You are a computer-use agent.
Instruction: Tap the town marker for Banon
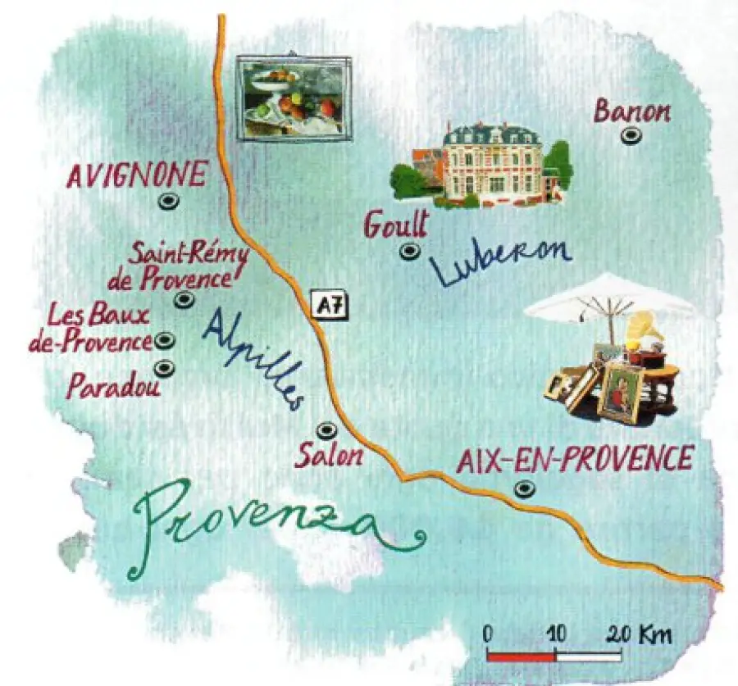[630, 136]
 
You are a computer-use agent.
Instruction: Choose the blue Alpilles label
[254, 357]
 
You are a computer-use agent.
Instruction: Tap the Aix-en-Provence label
[574, 459]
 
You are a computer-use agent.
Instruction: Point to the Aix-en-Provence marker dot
[523, 489]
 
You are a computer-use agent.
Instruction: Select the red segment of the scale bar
[521, 656]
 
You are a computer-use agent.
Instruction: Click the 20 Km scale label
[640, 634]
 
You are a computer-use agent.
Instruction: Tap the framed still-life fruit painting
[293, 96]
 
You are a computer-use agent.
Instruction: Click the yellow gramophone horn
[643, 328]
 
